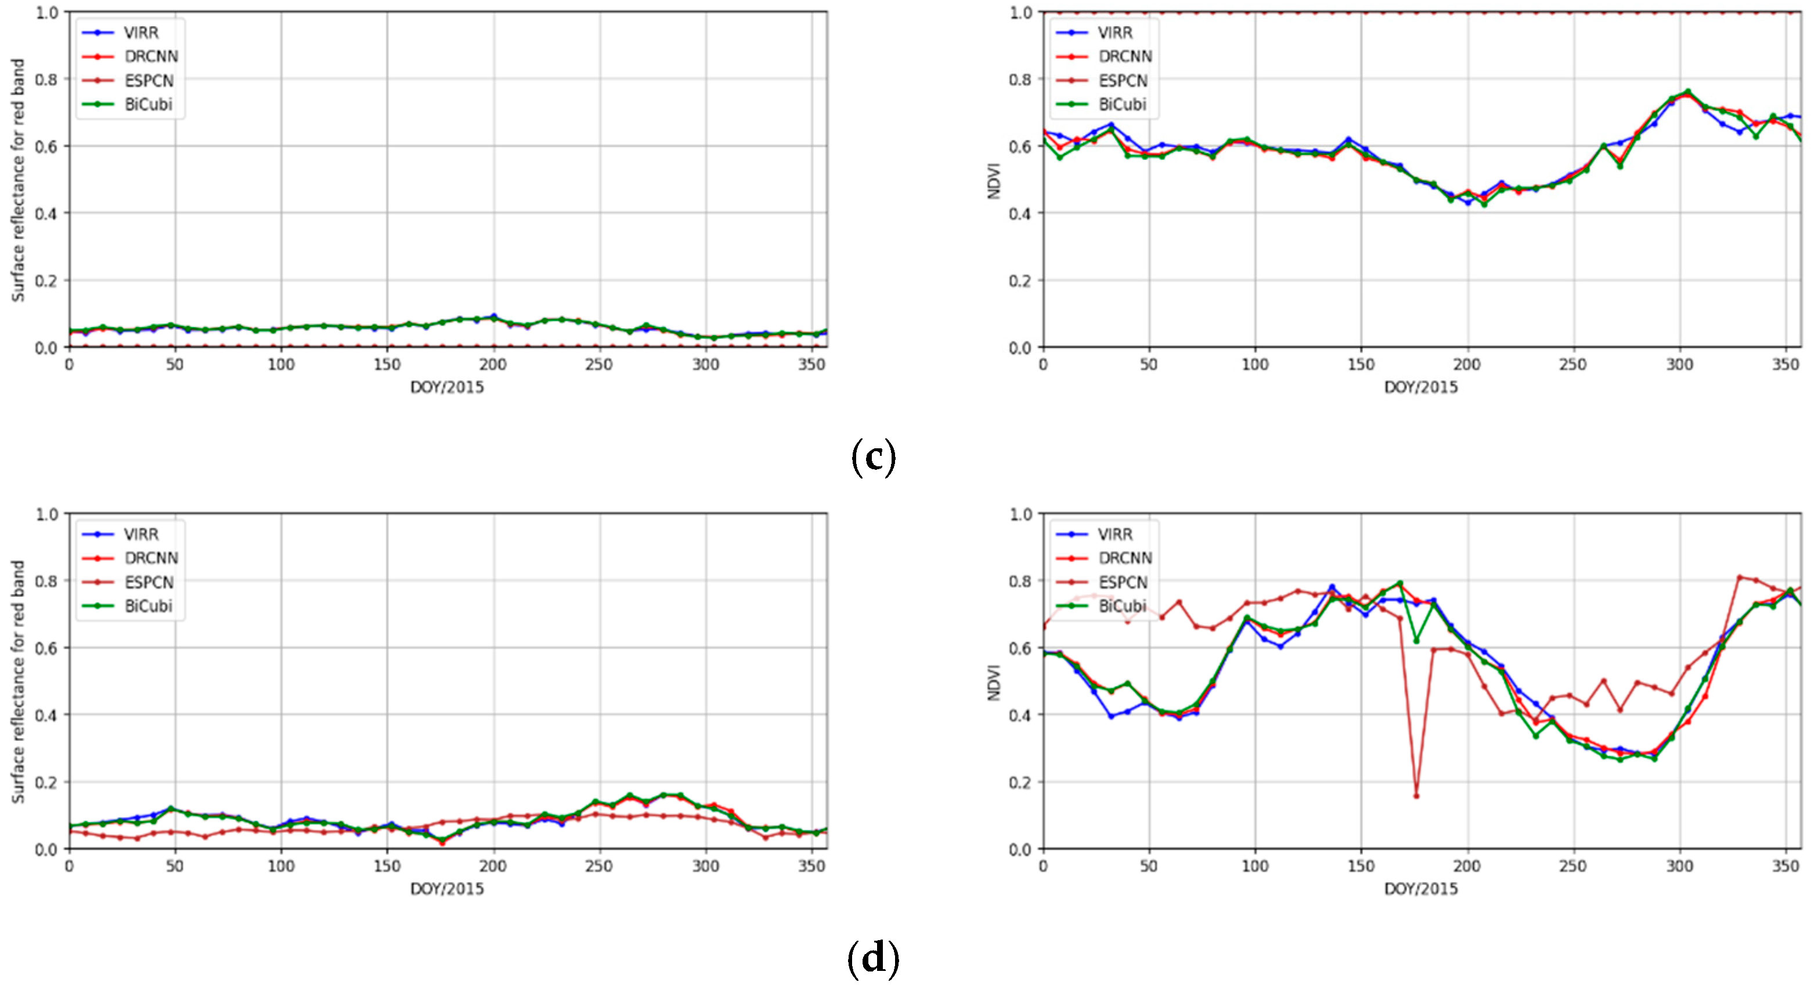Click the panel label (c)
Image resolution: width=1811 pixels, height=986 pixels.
[873, 458]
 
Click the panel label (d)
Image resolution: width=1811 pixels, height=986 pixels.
[873, 959]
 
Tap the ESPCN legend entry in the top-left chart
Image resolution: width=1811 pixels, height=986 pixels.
[149, 80]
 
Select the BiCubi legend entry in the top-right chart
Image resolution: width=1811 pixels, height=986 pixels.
[1122, 105]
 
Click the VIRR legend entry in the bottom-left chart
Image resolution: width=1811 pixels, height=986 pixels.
[140, 534]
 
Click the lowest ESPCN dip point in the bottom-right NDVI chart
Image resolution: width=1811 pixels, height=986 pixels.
[1416, 796]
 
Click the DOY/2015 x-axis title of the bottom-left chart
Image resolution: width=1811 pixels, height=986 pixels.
[447, 889]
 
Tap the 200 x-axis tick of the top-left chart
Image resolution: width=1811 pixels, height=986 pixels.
[493, 364]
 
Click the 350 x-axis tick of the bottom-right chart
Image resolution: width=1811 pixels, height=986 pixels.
[1785, 866]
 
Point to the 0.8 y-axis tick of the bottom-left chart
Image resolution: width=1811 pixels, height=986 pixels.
[46, 581]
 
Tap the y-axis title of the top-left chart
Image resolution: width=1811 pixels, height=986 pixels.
[18, 180]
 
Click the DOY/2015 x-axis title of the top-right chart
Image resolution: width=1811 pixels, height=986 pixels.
[1421, 387]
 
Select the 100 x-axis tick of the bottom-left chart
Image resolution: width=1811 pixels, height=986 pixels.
[280, 866]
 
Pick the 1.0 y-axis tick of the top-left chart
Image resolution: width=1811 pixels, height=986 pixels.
[46, 13]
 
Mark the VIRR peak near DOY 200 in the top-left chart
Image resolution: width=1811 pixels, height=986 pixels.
[493, 316]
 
